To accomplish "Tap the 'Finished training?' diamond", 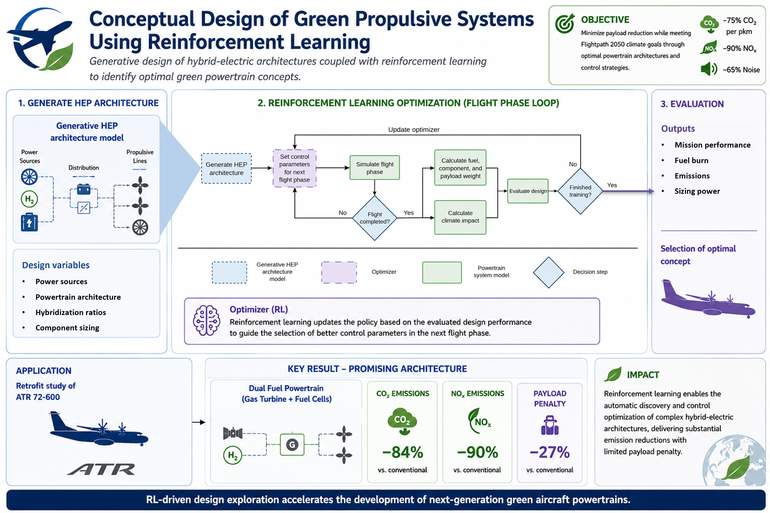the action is [x=580, y=191].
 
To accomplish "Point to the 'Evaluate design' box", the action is [x=528, y=191].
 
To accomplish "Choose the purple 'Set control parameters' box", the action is [x=294, y=168].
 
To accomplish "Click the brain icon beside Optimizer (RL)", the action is [x=206, y=320].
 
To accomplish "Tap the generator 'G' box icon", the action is [x=292, y=445].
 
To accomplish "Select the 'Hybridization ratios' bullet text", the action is [x=71, y=312].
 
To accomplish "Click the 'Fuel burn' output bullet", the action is [x=691, y=160].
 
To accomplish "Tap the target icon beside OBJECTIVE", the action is [x=564, y=24].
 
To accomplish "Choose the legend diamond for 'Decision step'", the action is [x=548, y=272].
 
